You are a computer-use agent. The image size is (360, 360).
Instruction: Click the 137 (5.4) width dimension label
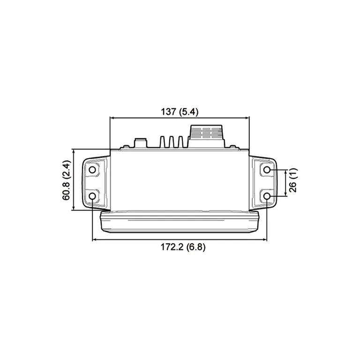click(180, 112)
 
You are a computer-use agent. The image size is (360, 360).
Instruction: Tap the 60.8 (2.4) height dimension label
click(67, 180)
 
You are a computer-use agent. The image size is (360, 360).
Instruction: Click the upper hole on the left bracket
click(92, 170)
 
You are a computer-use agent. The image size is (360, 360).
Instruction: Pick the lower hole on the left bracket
click(92, 195)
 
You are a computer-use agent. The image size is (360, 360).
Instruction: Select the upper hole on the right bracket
click(267, 170)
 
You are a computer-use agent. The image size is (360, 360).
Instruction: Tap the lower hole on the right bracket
click(267, 195)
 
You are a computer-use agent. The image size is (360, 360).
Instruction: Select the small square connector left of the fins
click(139, 142)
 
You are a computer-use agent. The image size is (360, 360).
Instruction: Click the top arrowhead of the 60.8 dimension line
click(73, 151)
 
